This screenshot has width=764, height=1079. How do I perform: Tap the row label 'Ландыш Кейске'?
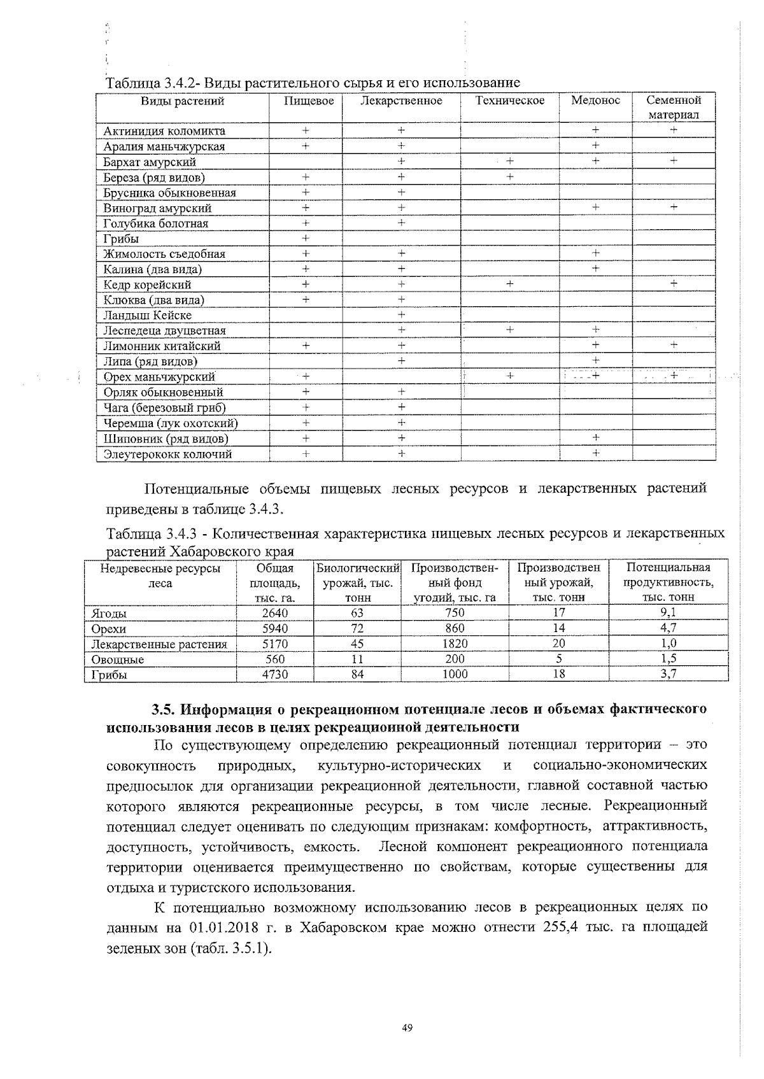[x=147, y=315]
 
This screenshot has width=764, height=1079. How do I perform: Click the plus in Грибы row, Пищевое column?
[x=306, y=238]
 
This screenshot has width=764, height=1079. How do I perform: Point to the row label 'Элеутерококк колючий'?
[x=167, y=454]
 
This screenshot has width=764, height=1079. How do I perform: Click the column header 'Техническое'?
[x=510, y=101]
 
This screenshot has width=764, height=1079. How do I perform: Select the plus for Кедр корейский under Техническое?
[x=510, y=283]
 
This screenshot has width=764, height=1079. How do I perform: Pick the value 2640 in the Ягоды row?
[x=275, y=613]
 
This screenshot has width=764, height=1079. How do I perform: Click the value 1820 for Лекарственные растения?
[x=455, y=644]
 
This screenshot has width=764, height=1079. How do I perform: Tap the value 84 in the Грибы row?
[x=357, y=674]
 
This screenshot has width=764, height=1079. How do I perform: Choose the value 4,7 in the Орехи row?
[x=668, y=628]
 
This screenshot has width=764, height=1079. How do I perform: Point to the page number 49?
[x=408, y=1027]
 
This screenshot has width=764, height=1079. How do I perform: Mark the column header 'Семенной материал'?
[x=674, y=108]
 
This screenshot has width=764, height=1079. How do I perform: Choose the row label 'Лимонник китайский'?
[x=162, y=346]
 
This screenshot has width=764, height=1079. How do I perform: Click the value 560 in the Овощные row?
[x=275, y=659]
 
